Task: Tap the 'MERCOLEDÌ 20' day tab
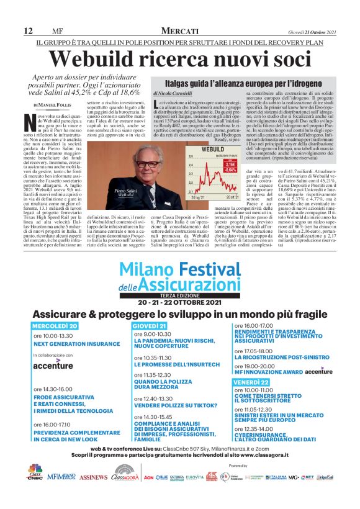pos(55,325)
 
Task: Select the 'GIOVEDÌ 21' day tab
pos(149,325)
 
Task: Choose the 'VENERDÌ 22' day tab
pos(251,382)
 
